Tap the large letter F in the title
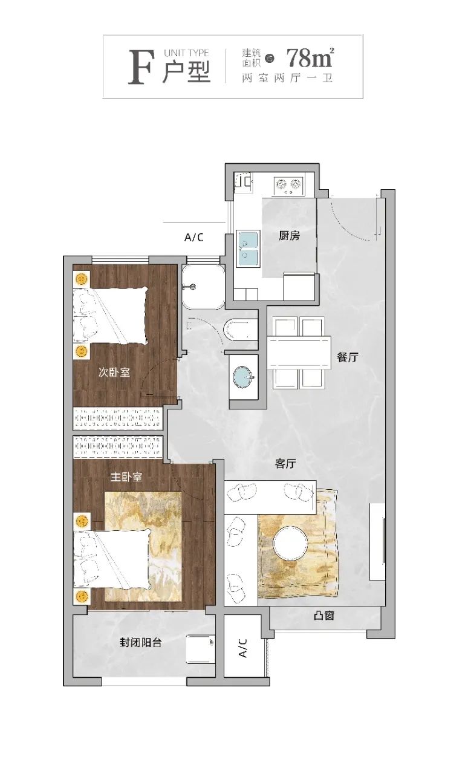[140, 67]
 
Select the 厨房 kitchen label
[289, 236]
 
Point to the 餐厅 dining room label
[348, 357]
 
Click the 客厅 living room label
[285, 463]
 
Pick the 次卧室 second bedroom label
[114, 372]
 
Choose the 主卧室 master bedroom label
[126, 477]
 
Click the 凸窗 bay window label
[324, 616]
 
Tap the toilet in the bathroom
[241, 330]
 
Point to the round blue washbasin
[244, 378]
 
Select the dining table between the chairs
[299, 352]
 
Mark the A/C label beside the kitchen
[194, 238]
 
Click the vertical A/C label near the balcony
[243, 648]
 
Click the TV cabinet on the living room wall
[377, 542]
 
